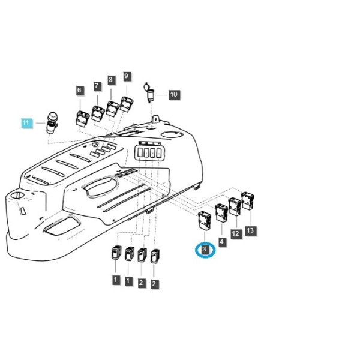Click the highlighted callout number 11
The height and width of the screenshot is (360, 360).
click(26, 123)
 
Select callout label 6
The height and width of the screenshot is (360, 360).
click(79, 90)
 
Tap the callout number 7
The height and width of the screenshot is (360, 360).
click(97, 86)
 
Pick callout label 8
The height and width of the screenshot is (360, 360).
click(110, 80)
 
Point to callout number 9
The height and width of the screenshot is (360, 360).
click(127, 76)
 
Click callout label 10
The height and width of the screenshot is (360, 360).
click(174, 94)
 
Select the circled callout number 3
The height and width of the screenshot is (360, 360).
click(205, 250)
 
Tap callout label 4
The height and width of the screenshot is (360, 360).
click(221, 242)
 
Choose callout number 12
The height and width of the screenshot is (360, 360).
click(236, 234)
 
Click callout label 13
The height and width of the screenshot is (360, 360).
click(250, 230)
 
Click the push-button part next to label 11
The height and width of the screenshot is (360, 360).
click(52, 122)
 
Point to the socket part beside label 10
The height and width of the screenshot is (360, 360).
click(149, 92)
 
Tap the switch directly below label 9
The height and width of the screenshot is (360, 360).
click(127, 104)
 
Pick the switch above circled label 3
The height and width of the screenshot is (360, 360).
click(204, 220)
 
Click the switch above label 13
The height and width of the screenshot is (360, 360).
click(247, 201)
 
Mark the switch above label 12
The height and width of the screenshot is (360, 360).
click(235, 206)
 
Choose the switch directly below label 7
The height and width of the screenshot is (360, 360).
click(98, 113)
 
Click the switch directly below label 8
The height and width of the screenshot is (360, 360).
click(113, 109)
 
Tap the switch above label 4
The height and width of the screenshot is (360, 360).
click(221, 213)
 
